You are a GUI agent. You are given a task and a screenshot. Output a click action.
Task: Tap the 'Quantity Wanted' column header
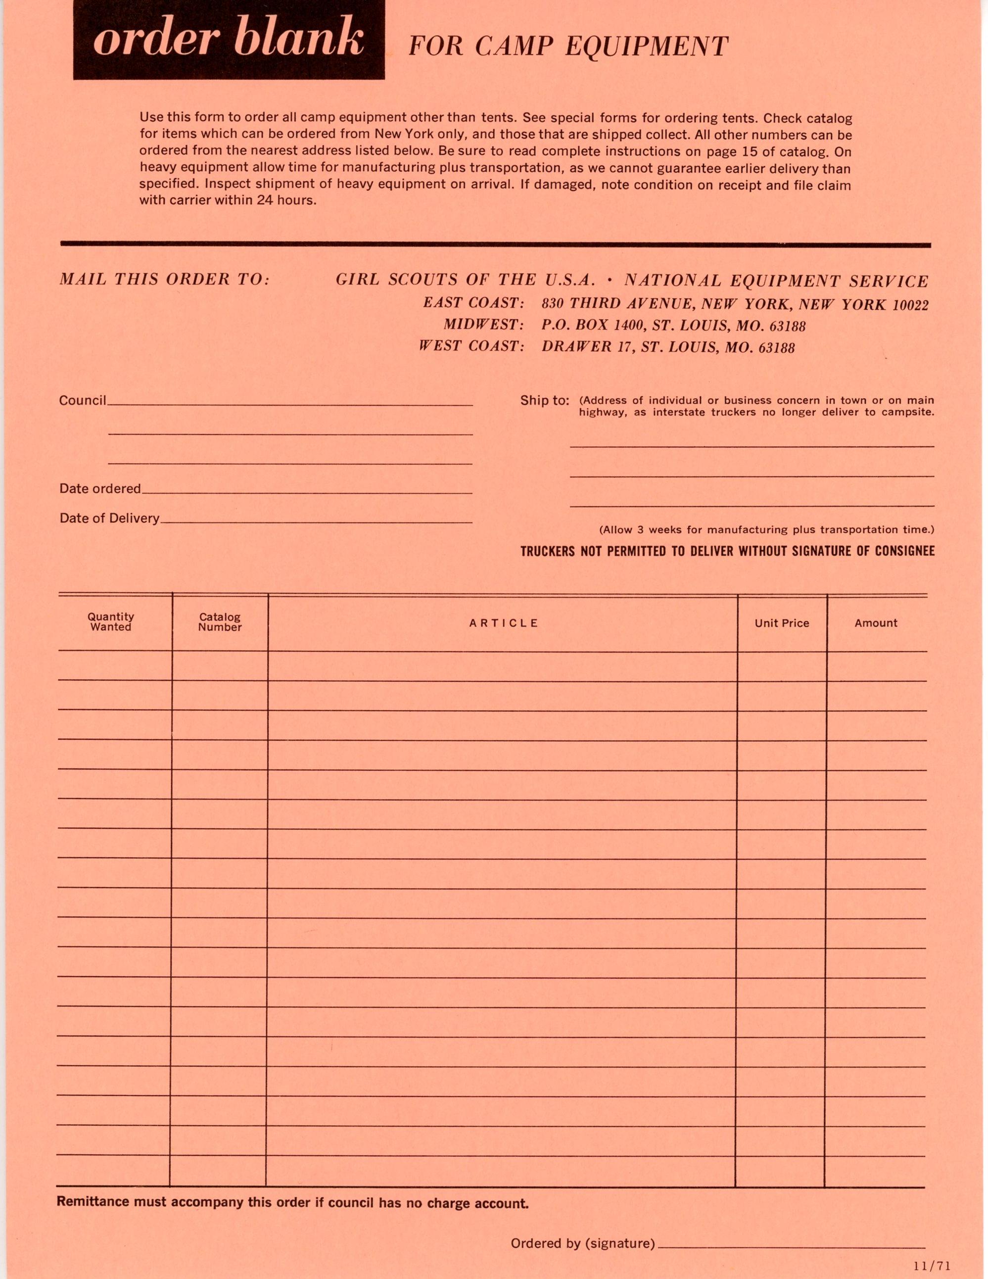(x=111, y=622)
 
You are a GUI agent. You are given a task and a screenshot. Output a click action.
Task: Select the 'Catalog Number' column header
(x=220, y=622)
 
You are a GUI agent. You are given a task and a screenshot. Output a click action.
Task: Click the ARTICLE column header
(x=503, y=623)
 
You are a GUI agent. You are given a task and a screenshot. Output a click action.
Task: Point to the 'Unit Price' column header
(x=781, y=623)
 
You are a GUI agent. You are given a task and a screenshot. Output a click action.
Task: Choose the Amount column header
(x=876, y=623)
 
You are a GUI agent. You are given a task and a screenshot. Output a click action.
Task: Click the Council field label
(x=83, y=401)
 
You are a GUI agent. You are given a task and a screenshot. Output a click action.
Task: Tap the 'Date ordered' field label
(x=100, y=488)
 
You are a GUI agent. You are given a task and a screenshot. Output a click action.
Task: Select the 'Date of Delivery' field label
(x=109, y=518)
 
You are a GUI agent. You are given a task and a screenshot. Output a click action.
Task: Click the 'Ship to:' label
(x=544, y=401)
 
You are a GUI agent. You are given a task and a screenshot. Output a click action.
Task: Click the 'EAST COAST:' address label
(x=473, y=303)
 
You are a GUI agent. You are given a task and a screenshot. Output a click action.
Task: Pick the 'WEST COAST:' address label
(x=471, y=346)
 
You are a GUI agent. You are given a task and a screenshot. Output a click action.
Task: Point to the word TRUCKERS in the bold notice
(x=548, y=551)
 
